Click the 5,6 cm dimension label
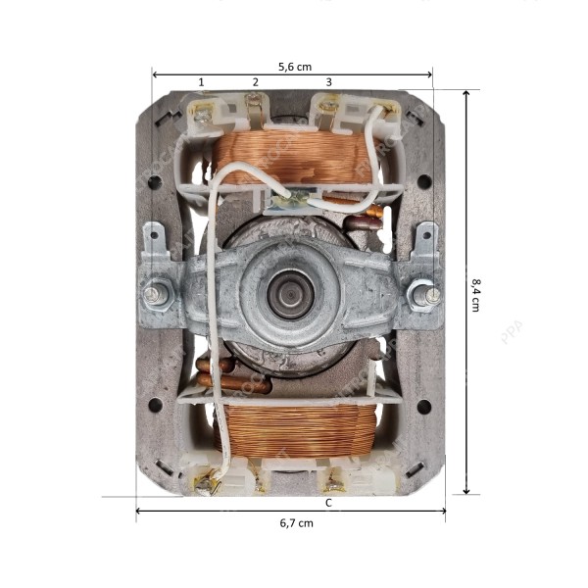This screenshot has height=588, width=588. click(x=295, y=67)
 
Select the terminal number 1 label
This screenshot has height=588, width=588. click(x=202, y=81)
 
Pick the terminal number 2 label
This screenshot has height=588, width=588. click(x=256, y=81)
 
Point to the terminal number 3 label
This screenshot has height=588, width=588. click(x=328, y=81)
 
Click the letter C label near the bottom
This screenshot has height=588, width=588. click(x=328, y=502)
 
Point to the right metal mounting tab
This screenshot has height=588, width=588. click(x=427, y=239)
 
